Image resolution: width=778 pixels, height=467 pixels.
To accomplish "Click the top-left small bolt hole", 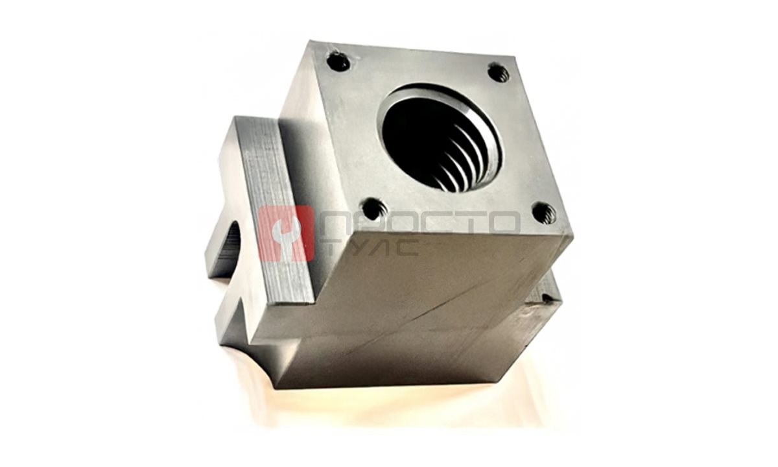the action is pyautogui.click(x=338, y=62).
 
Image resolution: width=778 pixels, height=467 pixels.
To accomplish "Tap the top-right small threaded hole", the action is pyautogui.click(x=499, y=72).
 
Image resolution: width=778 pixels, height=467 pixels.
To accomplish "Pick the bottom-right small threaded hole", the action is pyautogui.click(x=544, y=213).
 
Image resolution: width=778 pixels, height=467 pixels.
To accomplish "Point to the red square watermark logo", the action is pyautogui.click(x=286, y=233).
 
